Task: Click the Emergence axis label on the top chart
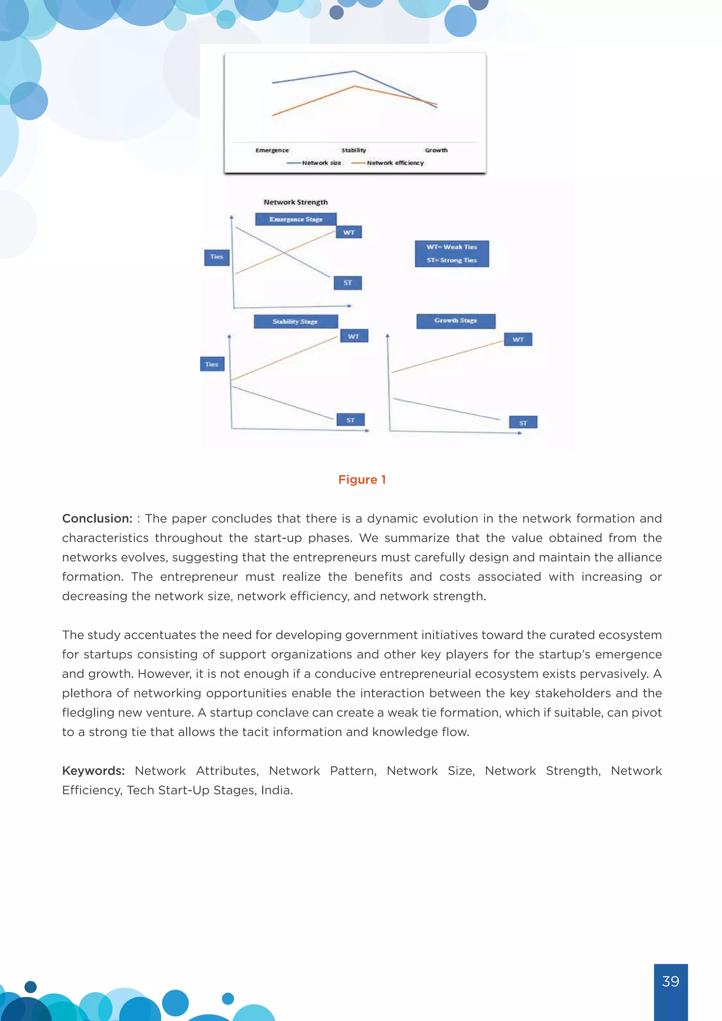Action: pyautogui.click(x=272, y=150)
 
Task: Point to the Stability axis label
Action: pyautogui.click(x=354, y=150)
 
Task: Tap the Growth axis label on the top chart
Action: pyautogui.click(x=436, y=150)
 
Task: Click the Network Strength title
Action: pyautogui.click(x=296, y=202)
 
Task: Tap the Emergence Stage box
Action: pyautogui.click(x=296, y=219)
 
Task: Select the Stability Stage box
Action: pyautogui.click(x=296, y=322)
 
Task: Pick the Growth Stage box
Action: pyautogui.click(x=456, y=320)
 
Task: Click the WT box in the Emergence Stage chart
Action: pyautogui.click(x=349, y=232)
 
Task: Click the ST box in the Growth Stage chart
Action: pyautogui.click(x=523, y=422)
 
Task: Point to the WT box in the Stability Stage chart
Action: pyautogui.click(x=354, y=336)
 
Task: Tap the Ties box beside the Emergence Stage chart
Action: pyautogui.click(x=216, y=257)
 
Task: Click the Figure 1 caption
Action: pyautogui.click(x=362, y=480)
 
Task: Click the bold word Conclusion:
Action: pyautogui.click(x=97, y=519)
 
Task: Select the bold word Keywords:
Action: pyautogui.click(x=93, y=771)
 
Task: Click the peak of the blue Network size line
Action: pyautogui.click(x=354, y=71)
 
